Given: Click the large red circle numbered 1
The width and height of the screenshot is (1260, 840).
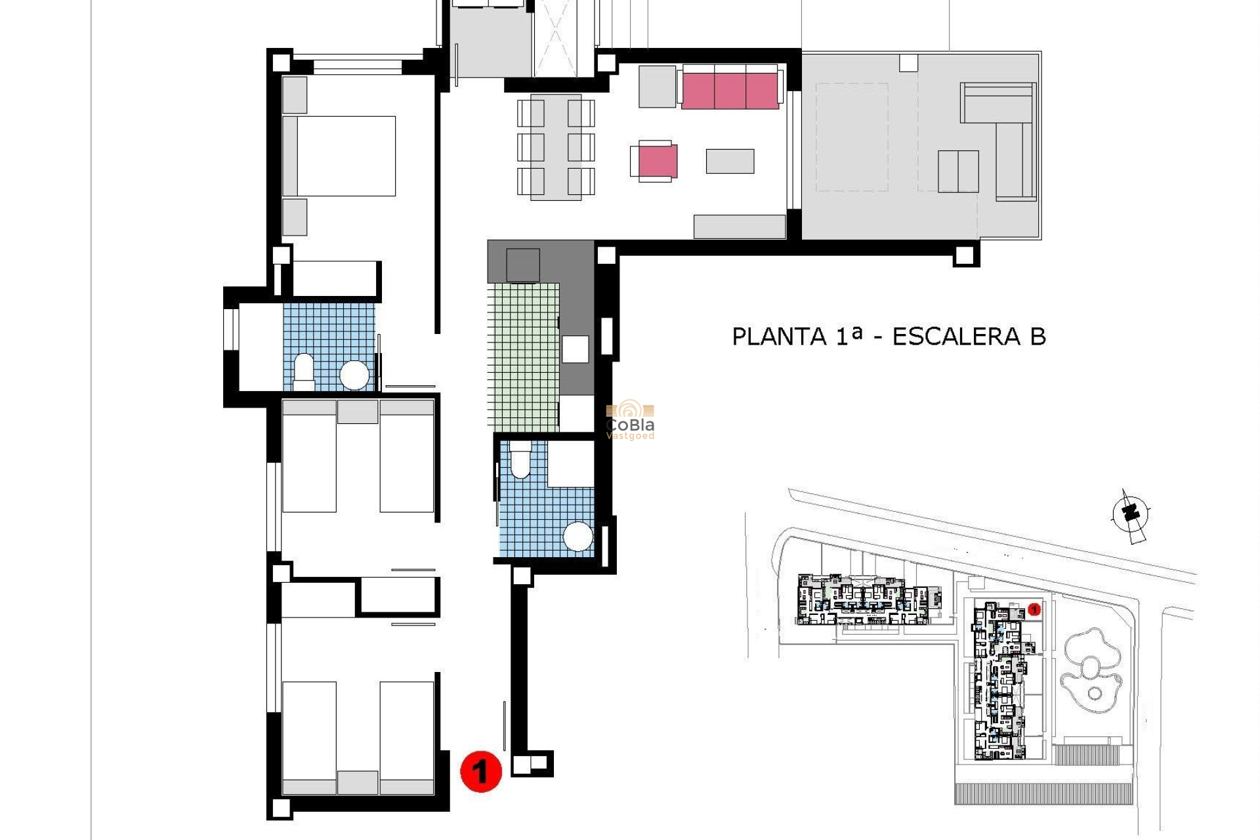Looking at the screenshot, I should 481,771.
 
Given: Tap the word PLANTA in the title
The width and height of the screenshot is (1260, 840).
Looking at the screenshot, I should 779,337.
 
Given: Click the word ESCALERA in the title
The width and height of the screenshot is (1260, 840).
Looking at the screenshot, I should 956,337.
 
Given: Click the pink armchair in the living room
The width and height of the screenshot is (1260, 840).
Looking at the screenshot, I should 656,161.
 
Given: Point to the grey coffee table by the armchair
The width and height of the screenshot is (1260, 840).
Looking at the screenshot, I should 730,161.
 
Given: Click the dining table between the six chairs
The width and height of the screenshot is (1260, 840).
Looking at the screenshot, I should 556,147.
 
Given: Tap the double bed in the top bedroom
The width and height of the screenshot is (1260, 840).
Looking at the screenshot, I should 346,156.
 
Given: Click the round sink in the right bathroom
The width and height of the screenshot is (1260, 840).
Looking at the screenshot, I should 578,537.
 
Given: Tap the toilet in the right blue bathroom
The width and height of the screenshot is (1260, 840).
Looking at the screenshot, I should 520,459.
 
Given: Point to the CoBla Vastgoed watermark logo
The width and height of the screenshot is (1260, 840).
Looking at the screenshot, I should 630,420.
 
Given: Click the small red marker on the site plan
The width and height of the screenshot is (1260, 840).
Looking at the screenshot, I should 1034,610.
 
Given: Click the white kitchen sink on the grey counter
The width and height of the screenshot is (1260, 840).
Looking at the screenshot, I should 575,349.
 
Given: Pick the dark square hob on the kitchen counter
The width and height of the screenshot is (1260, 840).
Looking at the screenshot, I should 522,265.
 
